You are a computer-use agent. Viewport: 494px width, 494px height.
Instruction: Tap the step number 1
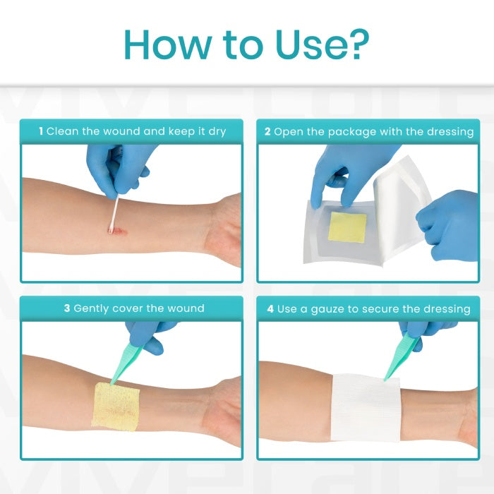click(41, 131)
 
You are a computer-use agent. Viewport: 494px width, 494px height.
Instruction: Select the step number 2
click(267, 131)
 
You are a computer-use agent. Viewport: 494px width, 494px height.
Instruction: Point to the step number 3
click(67, 308)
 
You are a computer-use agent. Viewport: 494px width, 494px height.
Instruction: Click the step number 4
click(271, 308)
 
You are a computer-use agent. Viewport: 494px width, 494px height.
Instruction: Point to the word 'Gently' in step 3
click(94, 308)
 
